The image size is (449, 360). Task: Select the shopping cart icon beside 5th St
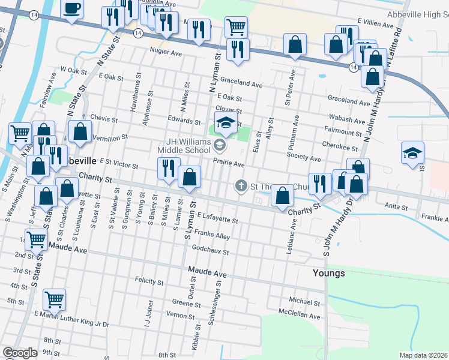click(55, 299)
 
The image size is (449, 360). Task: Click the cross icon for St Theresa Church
click(241, 185)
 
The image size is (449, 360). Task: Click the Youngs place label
click(329, 273)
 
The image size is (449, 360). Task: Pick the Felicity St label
click(149, 281)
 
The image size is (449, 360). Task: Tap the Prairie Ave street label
click(229, 164)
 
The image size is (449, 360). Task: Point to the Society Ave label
click(304, 158)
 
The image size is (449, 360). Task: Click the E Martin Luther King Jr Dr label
click(71, 319)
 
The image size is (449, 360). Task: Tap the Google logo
click(20, 353)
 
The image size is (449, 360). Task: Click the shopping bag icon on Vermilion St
click(80, 132)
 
